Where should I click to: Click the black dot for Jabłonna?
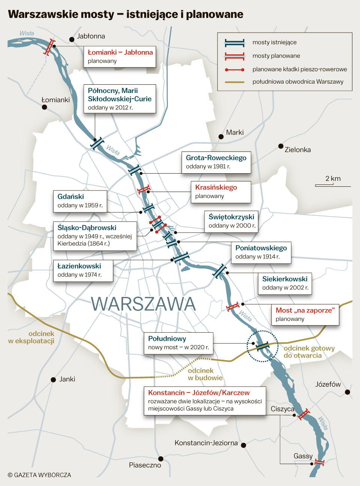point(72,39)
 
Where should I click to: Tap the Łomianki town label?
point(55,100)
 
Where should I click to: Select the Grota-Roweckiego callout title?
point(216,158)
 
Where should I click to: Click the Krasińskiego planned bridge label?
point(216,187)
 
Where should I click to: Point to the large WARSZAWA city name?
point(143,304)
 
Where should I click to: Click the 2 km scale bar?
point(333,185)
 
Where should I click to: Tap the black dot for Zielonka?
point(280,146)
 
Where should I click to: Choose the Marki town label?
point(235,132)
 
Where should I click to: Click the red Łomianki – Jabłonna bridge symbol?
point(49,47)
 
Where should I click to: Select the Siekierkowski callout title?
point(285,279)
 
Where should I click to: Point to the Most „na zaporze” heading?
point(305,310)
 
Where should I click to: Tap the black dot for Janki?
point(53,379)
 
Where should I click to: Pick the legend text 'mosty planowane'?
point(276,56)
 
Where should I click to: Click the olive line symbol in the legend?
point(234,82)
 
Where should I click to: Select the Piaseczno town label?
point(145,465)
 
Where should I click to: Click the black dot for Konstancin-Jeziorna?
point(243,445)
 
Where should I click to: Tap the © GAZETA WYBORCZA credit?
point(39,475)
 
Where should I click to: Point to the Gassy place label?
point(303,456)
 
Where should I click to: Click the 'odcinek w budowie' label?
point(205,374)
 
